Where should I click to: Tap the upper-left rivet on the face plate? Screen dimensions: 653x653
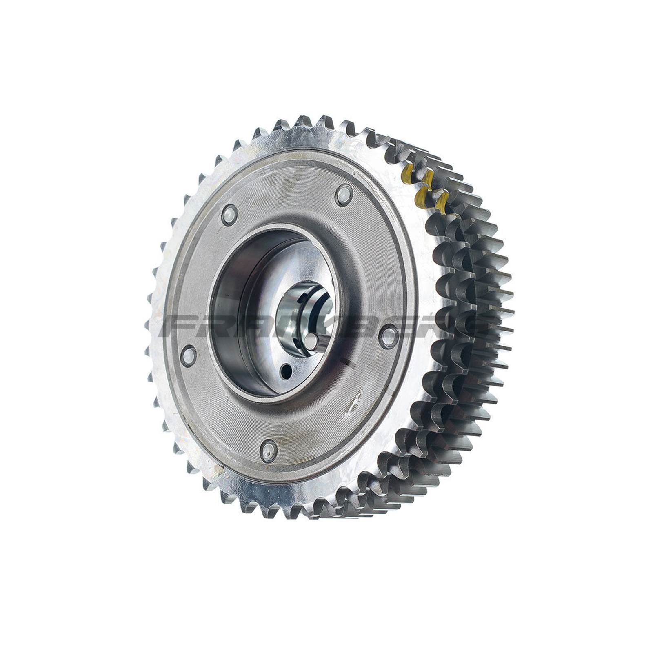tap(229, 215)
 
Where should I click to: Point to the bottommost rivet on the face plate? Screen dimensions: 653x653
tap(269, 451)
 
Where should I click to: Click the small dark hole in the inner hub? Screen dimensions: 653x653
tap(287, 371)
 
